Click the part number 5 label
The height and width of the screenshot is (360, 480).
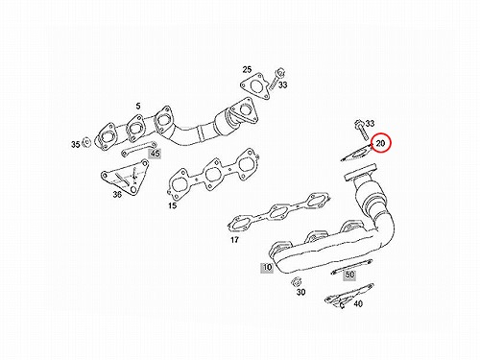[138, 106]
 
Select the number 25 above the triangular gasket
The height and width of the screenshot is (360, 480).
[247, 69]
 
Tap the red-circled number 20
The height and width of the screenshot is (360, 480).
[380, 143]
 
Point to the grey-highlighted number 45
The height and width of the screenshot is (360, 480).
[156, 154]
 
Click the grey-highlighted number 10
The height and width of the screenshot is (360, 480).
[267, 267]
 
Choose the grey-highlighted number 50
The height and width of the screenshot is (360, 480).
[349, 275]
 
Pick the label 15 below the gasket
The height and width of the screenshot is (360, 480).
[173, 205]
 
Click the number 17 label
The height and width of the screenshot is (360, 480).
[234, 239]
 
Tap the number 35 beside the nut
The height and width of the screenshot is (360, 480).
[76, 144]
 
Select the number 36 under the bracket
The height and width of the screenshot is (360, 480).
[117, 194]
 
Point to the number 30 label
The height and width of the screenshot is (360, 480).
[300, 292]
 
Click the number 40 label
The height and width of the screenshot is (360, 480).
[358, 303]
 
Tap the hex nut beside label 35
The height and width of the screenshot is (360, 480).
[86, 142]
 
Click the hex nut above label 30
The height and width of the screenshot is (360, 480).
[296, 282]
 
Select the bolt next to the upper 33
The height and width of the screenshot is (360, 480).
[277, 79]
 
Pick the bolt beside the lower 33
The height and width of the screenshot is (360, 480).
[362, 131]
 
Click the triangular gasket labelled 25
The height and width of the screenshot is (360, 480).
[254, 86]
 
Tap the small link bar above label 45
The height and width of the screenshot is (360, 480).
[138, 149]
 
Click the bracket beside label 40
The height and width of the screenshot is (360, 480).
[348, 296]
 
